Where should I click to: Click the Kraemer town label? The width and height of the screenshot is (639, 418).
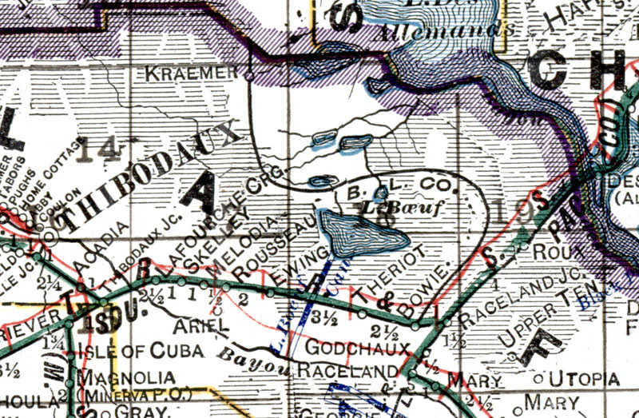(192, 74)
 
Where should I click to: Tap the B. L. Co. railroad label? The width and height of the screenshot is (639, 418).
(404, 191)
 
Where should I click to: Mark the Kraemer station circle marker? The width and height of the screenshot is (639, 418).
(248, 77)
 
